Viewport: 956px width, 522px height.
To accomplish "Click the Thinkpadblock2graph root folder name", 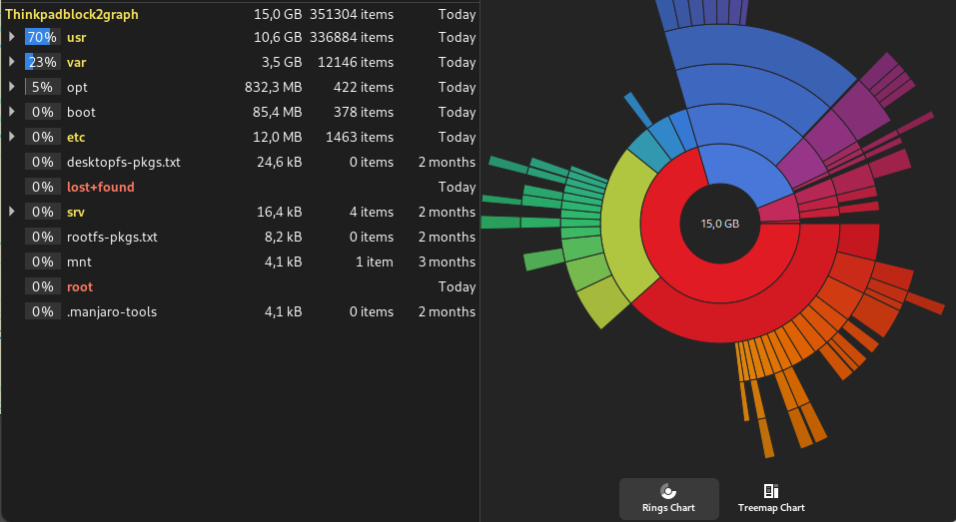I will (x=72, y=15).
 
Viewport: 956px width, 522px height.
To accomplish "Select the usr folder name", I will (x=77, y=37).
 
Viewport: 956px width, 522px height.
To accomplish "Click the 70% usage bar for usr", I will (x=42, y=37).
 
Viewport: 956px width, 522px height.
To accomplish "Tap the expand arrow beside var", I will (x=11, y=62).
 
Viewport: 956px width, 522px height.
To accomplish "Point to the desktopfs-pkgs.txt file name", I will (x=123, y=162).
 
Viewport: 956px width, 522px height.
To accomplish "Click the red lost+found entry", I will (x=100, y=187).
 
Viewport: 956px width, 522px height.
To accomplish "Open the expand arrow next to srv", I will (x=11, y=212).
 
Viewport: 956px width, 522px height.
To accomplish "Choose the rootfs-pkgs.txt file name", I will (x=112, y=237).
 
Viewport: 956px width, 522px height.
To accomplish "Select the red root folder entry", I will (x=80, y=286).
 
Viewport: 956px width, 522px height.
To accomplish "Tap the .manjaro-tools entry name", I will (x=111, y=311).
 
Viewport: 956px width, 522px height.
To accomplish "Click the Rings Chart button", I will (x=668, y=498).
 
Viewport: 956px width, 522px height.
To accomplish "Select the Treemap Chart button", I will (x=770, y=498).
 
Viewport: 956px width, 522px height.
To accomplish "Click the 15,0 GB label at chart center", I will (x=719, y=224).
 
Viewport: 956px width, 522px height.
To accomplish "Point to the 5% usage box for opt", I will (x=42, y=87).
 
